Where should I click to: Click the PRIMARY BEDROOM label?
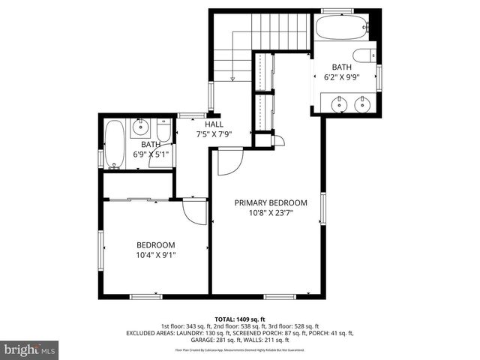click(271, 202)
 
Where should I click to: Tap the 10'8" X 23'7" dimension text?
click(271, 212)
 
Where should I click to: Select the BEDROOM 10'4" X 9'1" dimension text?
click(155, 255)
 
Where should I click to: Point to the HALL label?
click(214, 124)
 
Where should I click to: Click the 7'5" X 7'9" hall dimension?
click(214, 135)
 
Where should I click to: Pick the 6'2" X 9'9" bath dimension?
click(341, 76)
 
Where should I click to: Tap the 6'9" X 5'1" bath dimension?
click(151, 154)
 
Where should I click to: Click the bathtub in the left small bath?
click(115, 144)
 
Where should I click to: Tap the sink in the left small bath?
click(141, 126)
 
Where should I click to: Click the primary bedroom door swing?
click(229, 161)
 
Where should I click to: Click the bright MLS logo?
click(30, 350)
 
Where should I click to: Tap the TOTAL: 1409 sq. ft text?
click(240, 319)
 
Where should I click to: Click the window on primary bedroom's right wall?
click(324, 209)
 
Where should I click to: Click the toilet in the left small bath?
click(164, 127)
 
